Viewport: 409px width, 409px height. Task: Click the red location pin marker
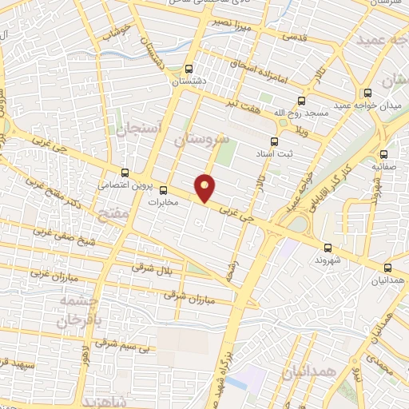(206, 187)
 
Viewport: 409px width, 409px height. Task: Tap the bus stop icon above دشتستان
(189, 69)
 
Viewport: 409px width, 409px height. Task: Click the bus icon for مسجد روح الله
(301, 101)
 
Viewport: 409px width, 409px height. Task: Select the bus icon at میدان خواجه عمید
(367, 93)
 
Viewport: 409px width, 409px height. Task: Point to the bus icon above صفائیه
(384, 154)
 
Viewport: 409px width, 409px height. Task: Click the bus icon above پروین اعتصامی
(125, 172)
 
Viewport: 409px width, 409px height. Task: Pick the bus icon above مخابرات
(164, 190)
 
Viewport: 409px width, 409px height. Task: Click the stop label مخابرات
(165, 203)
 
